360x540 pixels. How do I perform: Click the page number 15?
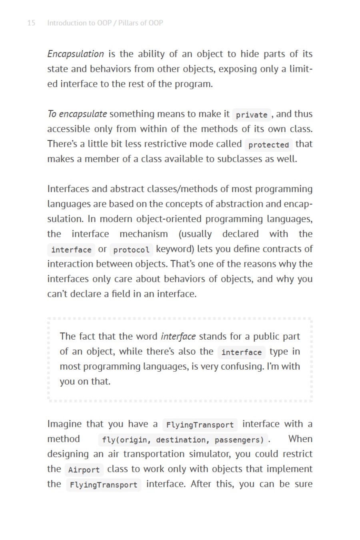31,23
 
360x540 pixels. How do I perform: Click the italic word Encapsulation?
76,54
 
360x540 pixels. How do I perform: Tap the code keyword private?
252,115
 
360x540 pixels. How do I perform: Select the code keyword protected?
268,145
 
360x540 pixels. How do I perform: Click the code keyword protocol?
131,250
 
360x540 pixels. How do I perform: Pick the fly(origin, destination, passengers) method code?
183,440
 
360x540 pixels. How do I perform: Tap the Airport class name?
84,470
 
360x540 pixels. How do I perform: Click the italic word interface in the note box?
178,336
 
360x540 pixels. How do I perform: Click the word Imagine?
64,424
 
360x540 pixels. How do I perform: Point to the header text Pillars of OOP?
140,23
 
